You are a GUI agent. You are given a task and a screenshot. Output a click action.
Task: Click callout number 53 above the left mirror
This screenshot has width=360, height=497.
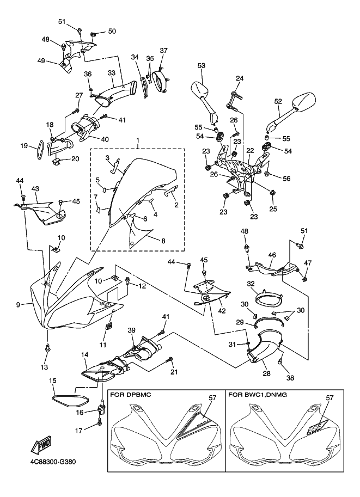[202, 66]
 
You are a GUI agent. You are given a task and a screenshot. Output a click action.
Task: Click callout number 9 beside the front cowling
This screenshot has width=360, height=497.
[19, 305]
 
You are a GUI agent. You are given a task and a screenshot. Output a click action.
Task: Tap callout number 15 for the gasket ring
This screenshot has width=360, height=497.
[53, 381]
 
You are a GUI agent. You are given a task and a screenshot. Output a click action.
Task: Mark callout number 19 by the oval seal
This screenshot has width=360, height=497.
[24, 145]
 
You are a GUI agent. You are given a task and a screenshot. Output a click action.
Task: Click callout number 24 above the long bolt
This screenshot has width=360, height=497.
[239, 78]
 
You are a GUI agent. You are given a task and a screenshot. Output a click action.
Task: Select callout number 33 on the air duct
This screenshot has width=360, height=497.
[111, 72]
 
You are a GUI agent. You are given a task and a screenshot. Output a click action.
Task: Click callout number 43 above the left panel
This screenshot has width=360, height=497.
[35, 188]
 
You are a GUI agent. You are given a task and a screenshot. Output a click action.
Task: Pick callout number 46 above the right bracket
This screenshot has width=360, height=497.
[272, 254]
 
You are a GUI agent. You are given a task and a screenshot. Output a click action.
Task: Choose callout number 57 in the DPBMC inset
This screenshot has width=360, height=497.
[211, 398]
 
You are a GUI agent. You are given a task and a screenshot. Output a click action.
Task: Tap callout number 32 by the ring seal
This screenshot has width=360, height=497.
[251, 284]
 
